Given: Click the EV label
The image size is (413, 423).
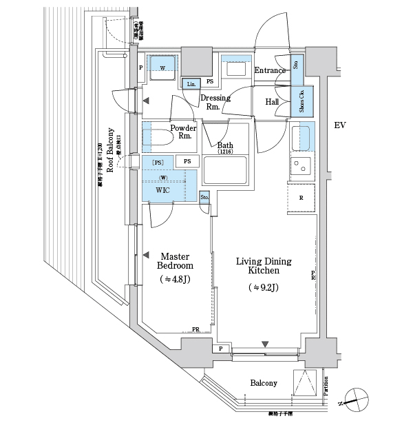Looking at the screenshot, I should tap(339, 125).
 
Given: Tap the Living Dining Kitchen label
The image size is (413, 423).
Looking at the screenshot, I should tap(264, 267).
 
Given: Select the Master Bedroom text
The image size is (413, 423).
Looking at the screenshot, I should tap(174, 260).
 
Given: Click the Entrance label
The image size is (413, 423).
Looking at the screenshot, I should tap(270, 70).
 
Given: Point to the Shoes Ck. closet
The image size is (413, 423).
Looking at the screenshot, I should tap(303, 101).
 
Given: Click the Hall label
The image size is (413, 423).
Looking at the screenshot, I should tap(273, 102).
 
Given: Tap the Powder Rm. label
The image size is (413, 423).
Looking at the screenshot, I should tap(184, 132).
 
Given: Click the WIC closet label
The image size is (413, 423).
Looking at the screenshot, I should tap(163, 189).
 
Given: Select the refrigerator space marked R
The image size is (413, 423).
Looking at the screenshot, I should tap(301, 198).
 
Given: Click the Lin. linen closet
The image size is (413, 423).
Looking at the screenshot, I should tap(191, 84).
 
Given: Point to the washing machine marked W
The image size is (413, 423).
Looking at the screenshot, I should tap(163, 68).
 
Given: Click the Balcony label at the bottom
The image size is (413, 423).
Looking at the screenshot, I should tap(264, 383).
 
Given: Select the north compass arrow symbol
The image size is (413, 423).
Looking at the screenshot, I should tap(355, 398).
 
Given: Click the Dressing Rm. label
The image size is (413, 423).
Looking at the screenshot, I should tap(215, 102).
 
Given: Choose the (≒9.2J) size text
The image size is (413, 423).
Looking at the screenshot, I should tap(264, 287).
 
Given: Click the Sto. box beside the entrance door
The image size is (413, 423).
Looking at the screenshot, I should tap(296, 65).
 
